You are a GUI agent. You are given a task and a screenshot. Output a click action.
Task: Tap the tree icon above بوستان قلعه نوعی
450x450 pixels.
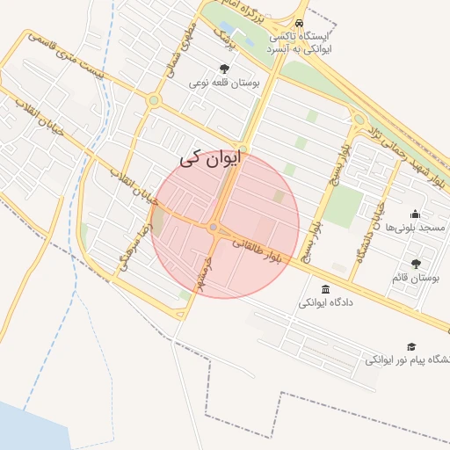tap(225, 69)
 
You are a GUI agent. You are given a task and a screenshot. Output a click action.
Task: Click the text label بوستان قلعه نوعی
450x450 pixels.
tap(226, 83)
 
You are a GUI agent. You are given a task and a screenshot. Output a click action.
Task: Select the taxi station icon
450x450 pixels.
tap(301, 23)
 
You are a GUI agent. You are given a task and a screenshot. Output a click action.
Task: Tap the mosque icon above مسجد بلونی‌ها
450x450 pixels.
tap(415, 214)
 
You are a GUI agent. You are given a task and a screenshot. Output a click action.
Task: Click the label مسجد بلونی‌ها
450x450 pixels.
tap(419, 228)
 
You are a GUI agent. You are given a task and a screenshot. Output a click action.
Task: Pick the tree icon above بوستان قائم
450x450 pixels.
tap(416, 264)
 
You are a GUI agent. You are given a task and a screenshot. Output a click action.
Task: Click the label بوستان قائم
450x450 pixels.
tap(416, 279)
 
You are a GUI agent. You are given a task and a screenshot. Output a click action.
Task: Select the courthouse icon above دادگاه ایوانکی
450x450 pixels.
tap(326, 289)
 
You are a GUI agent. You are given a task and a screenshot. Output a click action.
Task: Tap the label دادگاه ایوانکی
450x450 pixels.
tap(328, 303)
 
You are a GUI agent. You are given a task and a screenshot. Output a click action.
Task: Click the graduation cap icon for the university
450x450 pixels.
tap(410, 346)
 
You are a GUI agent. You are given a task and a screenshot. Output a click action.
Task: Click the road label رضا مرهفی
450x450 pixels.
tap(142, 247)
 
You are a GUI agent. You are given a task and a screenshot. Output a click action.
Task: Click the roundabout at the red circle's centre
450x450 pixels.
tap(214, 228)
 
